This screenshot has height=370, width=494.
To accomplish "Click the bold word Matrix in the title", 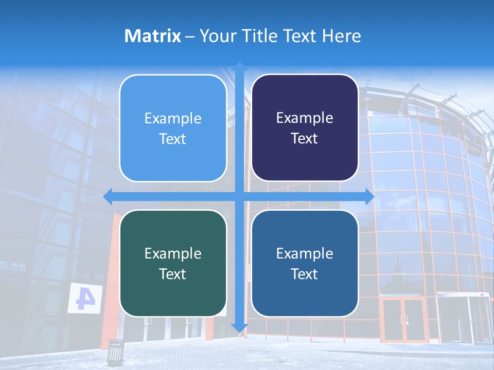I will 153,36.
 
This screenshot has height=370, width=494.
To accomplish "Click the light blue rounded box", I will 173,128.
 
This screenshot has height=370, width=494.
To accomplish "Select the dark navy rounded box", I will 305,128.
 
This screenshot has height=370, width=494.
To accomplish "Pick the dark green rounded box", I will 173,263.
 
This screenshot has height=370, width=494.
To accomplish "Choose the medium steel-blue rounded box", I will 305,263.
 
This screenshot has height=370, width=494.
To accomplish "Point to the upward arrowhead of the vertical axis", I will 239,66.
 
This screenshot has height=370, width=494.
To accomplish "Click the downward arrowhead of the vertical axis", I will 239,327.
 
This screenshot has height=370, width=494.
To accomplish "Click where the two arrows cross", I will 239,196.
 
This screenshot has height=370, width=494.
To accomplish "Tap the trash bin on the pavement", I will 115,351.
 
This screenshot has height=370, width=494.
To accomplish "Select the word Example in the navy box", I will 305,118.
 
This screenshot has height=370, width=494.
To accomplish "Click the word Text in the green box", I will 172,274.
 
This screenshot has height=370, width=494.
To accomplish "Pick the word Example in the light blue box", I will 173,118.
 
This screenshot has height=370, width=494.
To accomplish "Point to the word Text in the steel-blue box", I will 304,274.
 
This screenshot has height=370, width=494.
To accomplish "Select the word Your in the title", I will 215,36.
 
